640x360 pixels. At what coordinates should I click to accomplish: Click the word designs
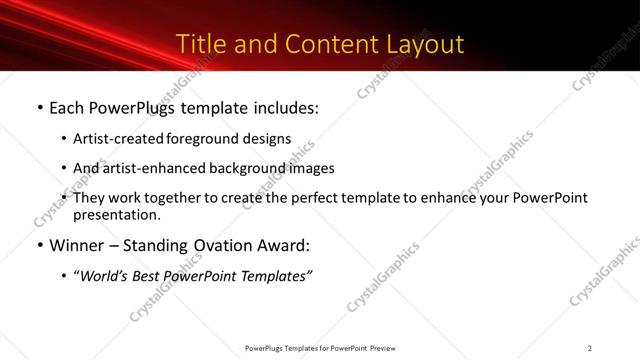[268, 139]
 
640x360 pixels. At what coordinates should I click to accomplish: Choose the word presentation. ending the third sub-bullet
[116, 215]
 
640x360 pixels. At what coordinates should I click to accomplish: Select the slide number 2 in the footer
[590, 347]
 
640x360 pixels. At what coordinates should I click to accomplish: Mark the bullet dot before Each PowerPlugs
[38, 107]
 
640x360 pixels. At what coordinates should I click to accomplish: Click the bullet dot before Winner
[38, 246]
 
